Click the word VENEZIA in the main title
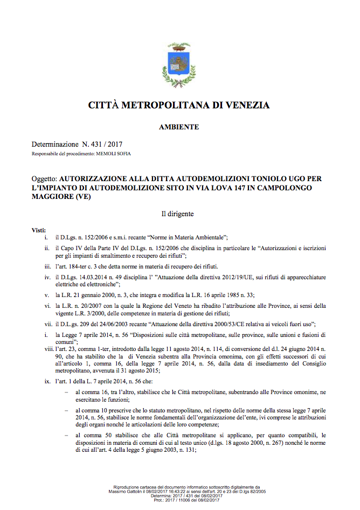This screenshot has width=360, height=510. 244,105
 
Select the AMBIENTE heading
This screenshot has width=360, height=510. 179,127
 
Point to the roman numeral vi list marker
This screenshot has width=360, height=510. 47,306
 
